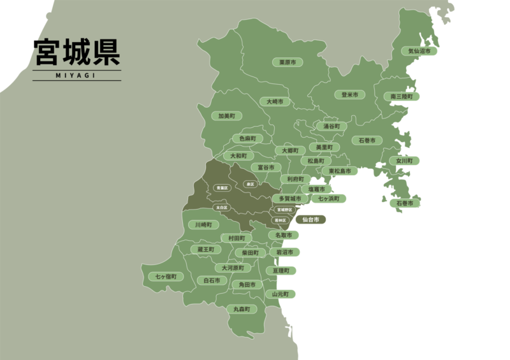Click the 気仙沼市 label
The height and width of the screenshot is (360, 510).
click(419, 50)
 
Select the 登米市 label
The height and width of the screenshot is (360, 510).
click(349, 95)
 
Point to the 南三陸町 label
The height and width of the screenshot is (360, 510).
click(402, 96)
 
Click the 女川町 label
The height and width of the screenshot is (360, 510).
click(405, 161)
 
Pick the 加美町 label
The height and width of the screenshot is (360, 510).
click(226, 117)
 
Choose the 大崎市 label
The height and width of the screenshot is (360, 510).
click(275, 102)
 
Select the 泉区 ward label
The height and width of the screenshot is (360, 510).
click(250, 185)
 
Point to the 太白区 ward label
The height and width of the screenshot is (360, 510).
click(222, 208)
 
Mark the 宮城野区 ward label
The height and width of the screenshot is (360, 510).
click(284, 210)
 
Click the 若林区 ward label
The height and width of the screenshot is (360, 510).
click(280, 220)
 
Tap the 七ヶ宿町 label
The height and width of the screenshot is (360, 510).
click(166, 277)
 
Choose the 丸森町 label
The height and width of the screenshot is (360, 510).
click(242, 309)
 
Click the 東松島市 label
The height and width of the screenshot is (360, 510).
click(339, 171)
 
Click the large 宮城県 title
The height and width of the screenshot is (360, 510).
click(78, 54)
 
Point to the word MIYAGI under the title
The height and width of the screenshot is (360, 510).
click(78, 75)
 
